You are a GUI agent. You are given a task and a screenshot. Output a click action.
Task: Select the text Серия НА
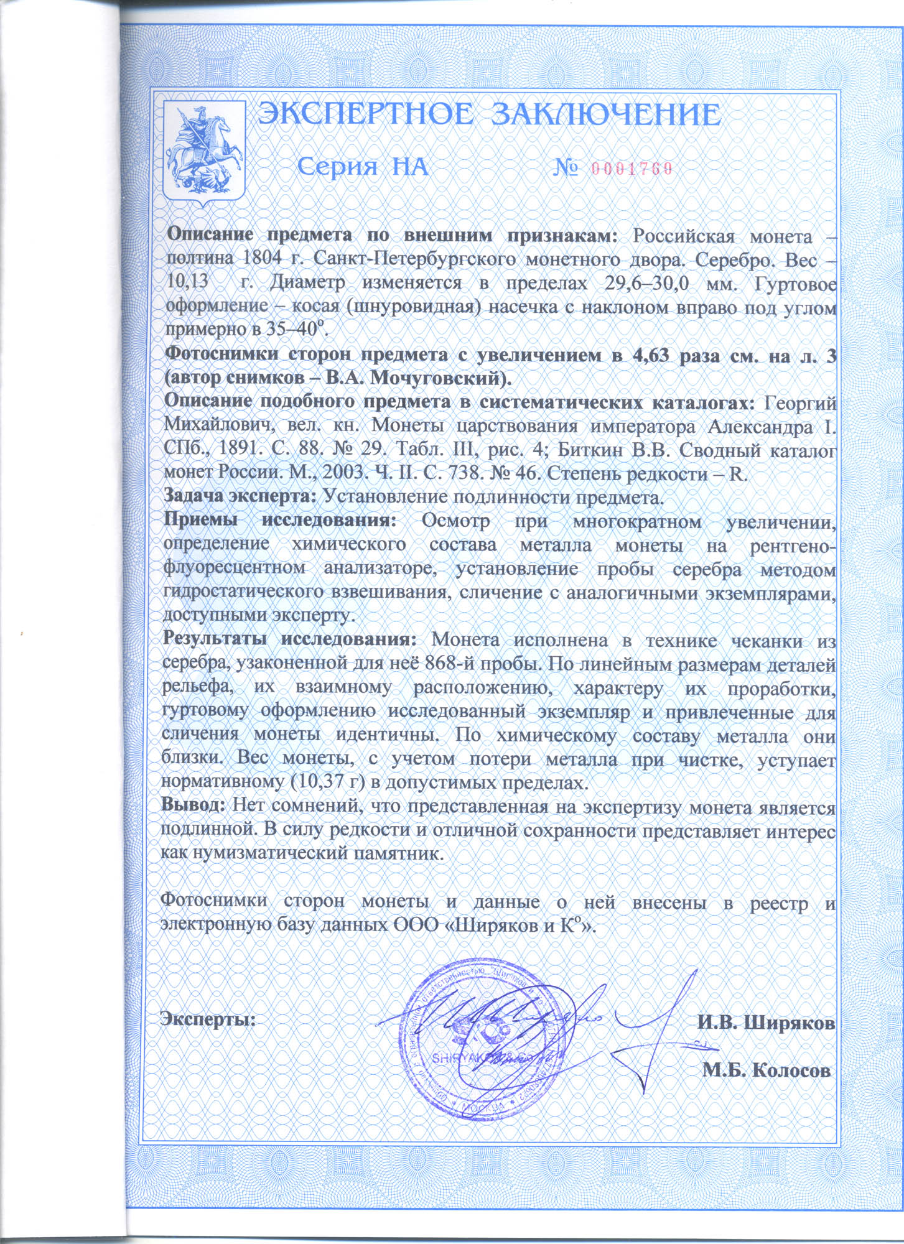click(363, 167)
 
